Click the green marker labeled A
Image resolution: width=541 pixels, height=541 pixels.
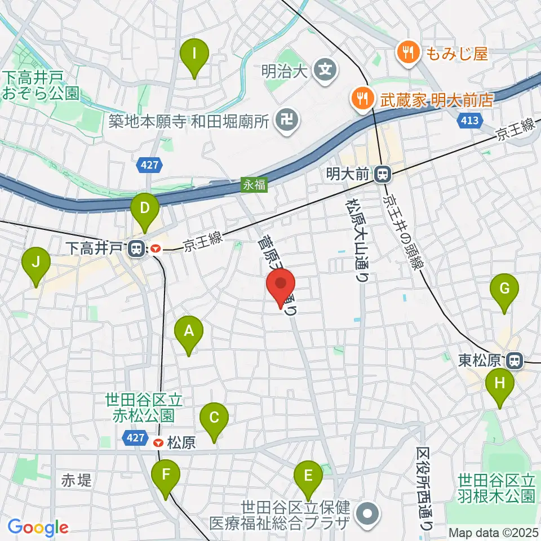pos(189,333)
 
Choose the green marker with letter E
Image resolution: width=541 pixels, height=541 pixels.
pos(308,477)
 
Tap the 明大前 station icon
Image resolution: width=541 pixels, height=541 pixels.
pos(383,175)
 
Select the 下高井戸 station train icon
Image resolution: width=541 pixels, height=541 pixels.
pos(136,248)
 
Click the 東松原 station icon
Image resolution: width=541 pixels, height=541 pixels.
pos(514,359)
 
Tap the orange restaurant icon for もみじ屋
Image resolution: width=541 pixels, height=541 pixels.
pos(406,54)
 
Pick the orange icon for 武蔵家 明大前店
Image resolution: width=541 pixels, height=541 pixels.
pos(361,99)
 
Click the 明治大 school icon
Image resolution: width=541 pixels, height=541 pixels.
pos(326,70)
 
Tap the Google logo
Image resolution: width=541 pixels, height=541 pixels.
pos(38,527)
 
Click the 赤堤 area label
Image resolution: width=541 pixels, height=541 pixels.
pos(76,481)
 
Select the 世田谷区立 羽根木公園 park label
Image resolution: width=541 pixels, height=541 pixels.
pos(496,488)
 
